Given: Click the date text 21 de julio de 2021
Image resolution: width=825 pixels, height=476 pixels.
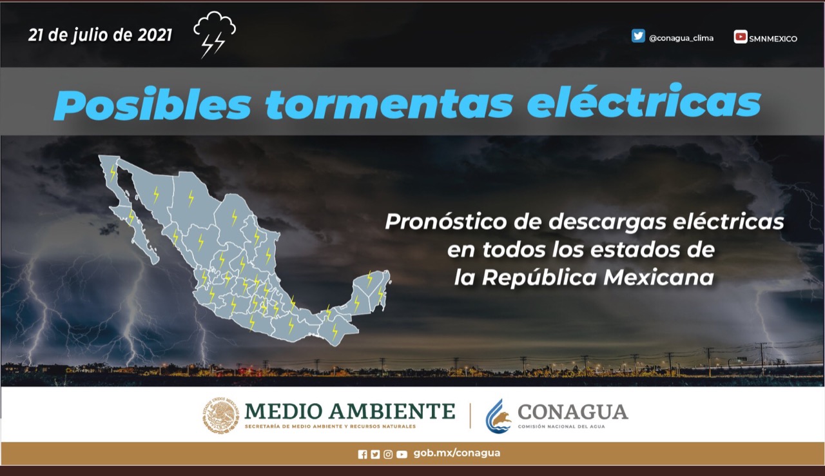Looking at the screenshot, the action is point(100,35).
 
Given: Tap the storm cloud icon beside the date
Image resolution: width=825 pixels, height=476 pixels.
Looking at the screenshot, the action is point(215,35).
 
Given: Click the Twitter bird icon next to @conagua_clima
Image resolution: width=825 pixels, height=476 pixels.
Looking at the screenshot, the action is point(638,35).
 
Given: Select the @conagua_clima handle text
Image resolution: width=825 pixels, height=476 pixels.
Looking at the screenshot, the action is point(681,38).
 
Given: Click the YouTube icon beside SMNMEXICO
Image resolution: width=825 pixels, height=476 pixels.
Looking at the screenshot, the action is point(741,37).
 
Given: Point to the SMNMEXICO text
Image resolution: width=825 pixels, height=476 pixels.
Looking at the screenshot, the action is point(773,39).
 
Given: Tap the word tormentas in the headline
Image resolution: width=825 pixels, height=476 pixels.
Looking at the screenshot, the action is point(389,104).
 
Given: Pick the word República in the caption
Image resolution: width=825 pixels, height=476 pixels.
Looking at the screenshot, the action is point(539,277).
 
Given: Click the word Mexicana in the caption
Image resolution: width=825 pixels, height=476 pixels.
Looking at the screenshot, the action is point(659,277).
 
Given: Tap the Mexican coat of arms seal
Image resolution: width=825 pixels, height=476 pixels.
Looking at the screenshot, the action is point(220,415).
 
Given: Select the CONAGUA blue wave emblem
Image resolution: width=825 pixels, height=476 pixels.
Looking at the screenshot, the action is point(498,416).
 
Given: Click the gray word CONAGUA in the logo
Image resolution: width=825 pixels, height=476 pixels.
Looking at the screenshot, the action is point(573,412).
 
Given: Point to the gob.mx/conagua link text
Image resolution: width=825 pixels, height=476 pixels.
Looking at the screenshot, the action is point(457,453).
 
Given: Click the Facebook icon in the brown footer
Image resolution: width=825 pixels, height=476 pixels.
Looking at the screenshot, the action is point(362,455).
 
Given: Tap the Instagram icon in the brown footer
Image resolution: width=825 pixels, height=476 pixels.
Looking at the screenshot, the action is point(388,455).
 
